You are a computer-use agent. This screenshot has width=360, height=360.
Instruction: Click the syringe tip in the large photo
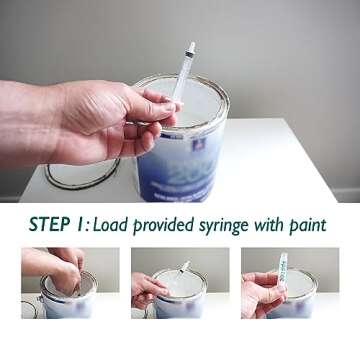pyautogui.click(x=190, y=47)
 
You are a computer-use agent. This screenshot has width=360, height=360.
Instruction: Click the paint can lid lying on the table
pyautogui.click(x=80, y=174)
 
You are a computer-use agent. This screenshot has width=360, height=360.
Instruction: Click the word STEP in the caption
pyautogui.click(x=50, y=224)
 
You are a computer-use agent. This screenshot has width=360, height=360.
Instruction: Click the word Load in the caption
pyautogui.click(x=114, y=224)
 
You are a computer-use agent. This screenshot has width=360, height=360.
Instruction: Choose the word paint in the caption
pyautogui.click(x=312, y=225)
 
